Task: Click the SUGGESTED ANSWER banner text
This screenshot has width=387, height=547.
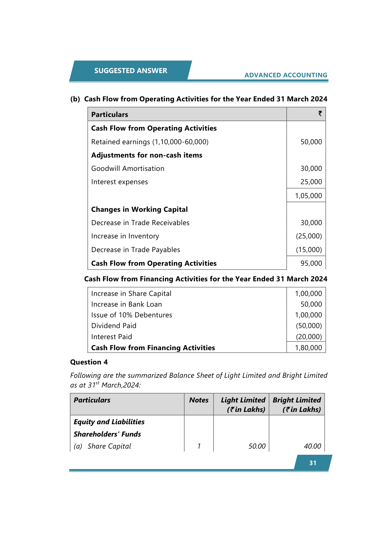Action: tap(131, 71)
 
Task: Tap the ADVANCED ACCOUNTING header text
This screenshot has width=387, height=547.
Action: tap(286, 75)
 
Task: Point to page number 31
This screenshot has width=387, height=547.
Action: tap(313, 463)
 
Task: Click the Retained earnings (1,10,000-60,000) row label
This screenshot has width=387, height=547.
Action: tap(150, 142)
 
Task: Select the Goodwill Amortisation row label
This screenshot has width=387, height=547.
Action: tap(128, 169)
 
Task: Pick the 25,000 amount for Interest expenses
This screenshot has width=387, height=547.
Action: tap(311, 182)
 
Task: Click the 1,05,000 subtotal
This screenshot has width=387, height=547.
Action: tap(308, 196)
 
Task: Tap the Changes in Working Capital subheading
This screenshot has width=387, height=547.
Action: tap(139, 210)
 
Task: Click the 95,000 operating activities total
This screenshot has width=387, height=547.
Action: tap(311, 263)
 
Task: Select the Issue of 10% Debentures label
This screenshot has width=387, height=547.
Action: tap(132, 315)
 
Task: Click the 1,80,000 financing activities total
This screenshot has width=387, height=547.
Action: tap(308, 348)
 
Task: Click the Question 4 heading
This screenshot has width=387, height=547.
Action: tap(89, 362)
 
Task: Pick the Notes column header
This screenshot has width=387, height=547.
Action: tap(199, 400)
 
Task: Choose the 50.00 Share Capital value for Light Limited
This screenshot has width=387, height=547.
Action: tap(257, 446)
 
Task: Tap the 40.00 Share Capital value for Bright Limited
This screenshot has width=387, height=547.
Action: tap(312, 446)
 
